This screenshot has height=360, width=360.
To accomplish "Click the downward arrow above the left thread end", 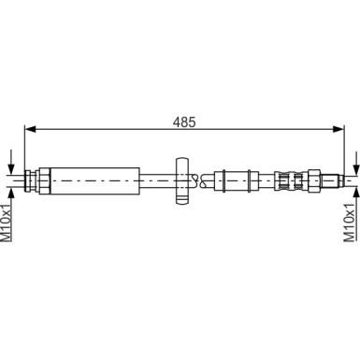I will click(11, 159).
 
